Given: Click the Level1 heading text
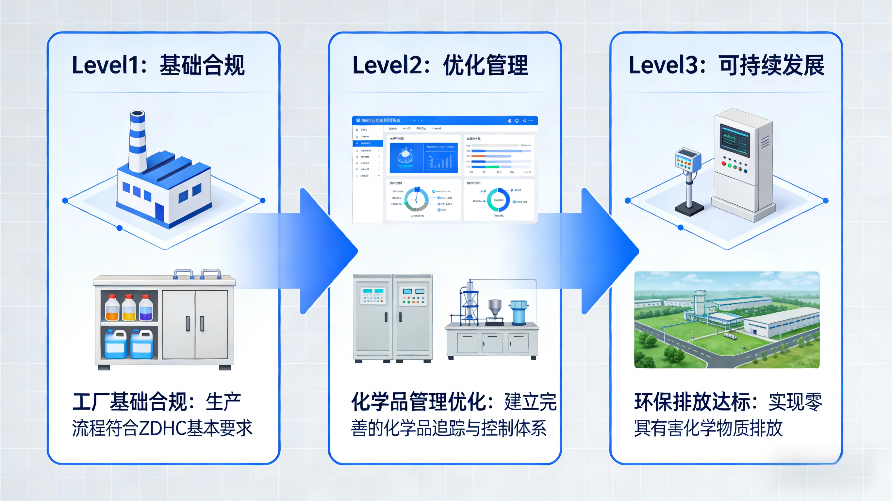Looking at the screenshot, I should (158, 65).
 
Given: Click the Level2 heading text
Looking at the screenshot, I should (440, 65).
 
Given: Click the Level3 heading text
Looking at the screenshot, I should (726, 65).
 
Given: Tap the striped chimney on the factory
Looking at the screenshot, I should (138, 142).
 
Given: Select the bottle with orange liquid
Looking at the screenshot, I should (112, 309).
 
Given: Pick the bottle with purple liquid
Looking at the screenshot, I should (146, 309).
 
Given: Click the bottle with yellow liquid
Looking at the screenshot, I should (129, 309).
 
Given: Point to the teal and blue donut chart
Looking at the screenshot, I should (498, 200).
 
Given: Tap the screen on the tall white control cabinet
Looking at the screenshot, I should (735, 140).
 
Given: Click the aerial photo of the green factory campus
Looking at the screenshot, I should (726, 320).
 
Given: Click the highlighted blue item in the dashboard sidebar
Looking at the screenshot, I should (367, 143).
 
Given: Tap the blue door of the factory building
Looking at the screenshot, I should (159, 212).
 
